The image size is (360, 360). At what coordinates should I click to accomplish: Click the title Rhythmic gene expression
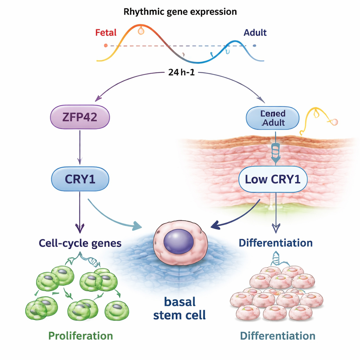click(x=180, y=12)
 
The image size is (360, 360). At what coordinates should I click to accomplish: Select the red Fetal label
click(x=105, y=33)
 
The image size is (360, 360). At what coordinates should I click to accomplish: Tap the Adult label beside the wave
click(x=255, y=33)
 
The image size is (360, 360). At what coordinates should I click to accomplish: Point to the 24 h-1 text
click(x=180, y=73)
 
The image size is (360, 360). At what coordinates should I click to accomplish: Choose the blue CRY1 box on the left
click(x=80, y=179)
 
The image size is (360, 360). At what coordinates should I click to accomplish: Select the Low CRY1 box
click(x=273, y=180)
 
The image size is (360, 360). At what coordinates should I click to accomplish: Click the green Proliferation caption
click(x=81, y=335)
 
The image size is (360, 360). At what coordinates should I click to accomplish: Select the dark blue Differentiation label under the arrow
click(x=275, y=243)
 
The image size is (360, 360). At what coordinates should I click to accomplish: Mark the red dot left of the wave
click(x=105, y=45)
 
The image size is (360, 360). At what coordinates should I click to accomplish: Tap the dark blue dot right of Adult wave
click(x=254, y=45)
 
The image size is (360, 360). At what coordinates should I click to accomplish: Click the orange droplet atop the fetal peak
click(x=141, y=31)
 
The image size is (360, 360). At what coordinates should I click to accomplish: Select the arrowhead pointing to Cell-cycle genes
click(x=80, y=229)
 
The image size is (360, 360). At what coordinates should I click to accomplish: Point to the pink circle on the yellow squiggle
click(x=334, y=122)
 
